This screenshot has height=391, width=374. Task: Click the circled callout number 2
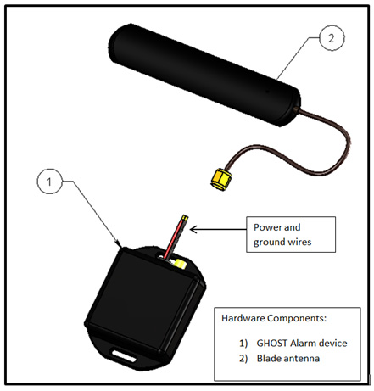point(332,38)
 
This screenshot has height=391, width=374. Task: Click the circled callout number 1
point(49,182)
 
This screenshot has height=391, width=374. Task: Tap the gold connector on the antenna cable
point(220,180)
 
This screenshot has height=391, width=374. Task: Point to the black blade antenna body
point(204,75)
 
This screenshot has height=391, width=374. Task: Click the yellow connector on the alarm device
point(180,264)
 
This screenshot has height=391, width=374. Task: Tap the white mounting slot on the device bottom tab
point(124,356)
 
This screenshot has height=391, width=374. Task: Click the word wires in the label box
point(299,242)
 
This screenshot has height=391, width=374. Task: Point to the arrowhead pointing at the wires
point(193,229)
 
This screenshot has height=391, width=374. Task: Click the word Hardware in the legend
point(243,318)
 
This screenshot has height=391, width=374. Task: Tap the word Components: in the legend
point(297,319)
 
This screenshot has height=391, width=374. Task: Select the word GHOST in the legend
point(272,343)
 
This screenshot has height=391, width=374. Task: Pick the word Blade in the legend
point(269,359)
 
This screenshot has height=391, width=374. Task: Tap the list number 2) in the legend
point(243,359)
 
